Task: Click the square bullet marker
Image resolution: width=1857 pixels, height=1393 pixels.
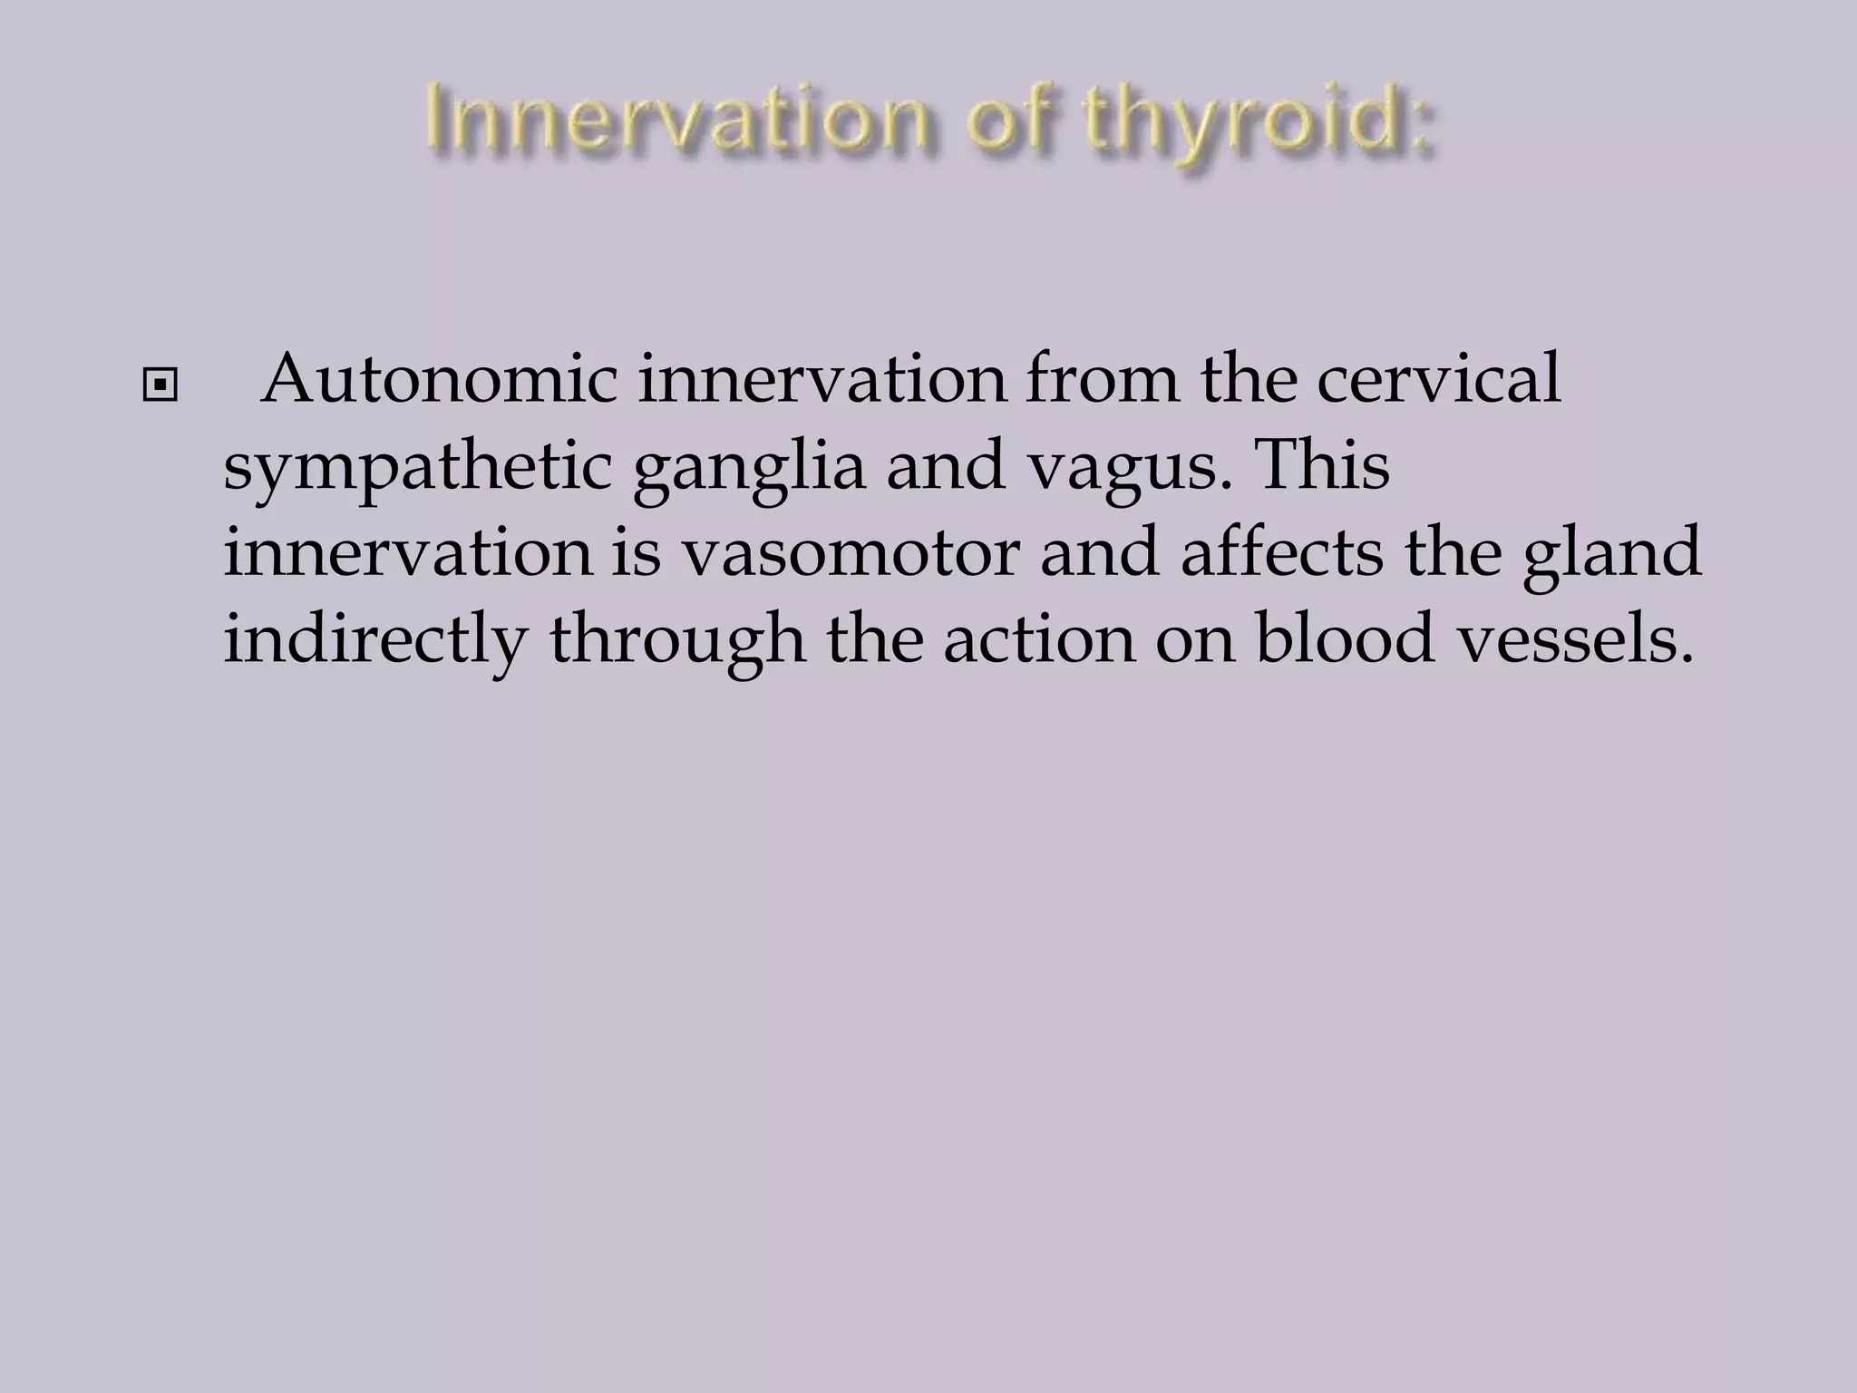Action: click(x=160, y=386)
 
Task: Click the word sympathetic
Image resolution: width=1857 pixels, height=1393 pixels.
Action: click(x=418, y=469)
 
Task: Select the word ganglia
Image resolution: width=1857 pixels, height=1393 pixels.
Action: click(x=749, y=469)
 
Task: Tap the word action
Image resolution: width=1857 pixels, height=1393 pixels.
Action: click(x=1037, y=638)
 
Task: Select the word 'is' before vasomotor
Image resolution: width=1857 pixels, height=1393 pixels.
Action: click(x=636, y=552)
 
